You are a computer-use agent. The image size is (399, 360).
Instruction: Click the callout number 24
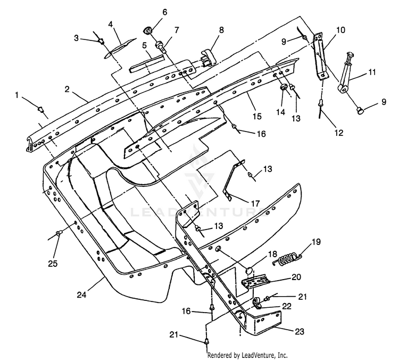point(82,294)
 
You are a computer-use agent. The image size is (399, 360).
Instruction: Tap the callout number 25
point(53,264)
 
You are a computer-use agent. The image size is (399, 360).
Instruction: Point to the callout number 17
point(255,203)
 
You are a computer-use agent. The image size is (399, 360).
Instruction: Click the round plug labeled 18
point(250,269)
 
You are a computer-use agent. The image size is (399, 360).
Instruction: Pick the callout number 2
point(67,89)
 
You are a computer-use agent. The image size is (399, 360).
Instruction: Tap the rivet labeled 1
point(40,110)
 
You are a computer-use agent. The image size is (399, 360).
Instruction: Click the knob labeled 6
point(147,30)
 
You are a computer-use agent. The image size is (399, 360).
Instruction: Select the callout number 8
point(221,30)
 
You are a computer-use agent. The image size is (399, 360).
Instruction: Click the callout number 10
point(341,30)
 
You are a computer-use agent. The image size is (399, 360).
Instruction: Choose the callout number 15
point(257,116)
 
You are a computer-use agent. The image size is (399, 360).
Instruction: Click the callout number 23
point(299,331)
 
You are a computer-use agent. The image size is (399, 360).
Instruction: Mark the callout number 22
point(287,306)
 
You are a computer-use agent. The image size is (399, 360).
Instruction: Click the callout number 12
point(339,133)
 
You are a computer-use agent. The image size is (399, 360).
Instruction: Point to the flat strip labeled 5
point(147,64)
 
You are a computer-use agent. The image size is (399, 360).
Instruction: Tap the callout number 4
point(111,24)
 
